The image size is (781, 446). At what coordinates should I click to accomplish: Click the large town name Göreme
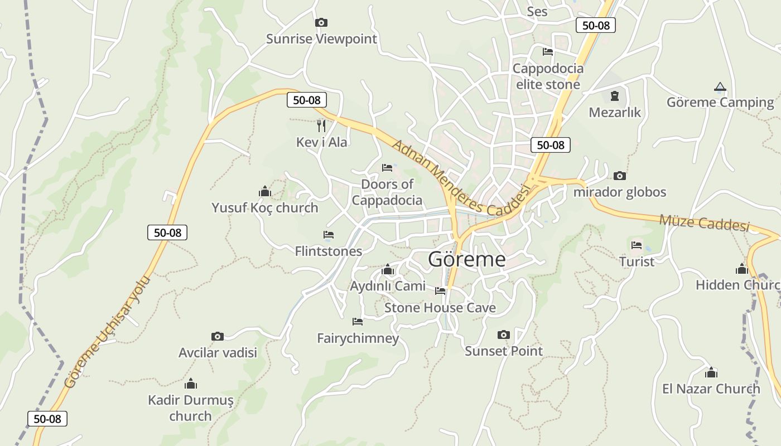(467, 259)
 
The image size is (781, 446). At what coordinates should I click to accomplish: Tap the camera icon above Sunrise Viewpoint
(321, 23)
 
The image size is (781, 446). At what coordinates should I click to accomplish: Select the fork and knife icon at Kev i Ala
(321, 125)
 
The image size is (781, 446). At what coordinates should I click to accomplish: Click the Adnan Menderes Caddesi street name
(460, 178)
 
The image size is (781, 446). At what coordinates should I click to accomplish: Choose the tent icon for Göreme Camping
(720, 87)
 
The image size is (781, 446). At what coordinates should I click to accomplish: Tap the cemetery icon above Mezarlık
(615, 96)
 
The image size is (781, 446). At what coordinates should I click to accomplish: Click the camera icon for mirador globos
(619, 176)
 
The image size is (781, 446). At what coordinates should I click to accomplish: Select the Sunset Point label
(504, 351)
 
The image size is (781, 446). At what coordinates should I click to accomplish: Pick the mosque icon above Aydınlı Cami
(388, 270)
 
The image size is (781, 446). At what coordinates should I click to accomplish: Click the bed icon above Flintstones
(329, 235)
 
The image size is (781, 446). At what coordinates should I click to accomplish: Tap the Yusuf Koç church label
(264, 208)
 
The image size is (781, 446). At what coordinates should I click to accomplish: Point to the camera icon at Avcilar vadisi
(218, 336)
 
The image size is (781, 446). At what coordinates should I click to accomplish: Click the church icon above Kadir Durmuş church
(191, 384)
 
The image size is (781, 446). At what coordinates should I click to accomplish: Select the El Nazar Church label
(711, 389)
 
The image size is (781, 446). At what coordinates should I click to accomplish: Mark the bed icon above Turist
(637, 245)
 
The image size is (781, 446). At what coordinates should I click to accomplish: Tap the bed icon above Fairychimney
(358, 322)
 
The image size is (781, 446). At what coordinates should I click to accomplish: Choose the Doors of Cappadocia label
(387, 192)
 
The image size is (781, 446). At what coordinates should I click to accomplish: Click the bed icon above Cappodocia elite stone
(548, 52)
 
